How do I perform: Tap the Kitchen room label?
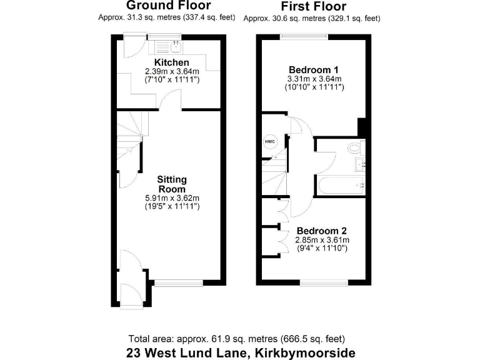click(x=171, y=62)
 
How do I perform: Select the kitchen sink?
click(x=176, y=46)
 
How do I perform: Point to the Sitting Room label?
click(x=172, y=184)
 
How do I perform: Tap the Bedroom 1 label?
click(x=313, y=69)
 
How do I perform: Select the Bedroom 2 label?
click(x=322, y=229)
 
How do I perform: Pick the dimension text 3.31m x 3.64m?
click(x=314, y=79)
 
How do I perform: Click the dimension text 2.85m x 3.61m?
click(x=322, y=239)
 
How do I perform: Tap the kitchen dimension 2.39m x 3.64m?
click(x=171, y=72)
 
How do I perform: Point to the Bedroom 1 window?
click(x=304, y=36)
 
